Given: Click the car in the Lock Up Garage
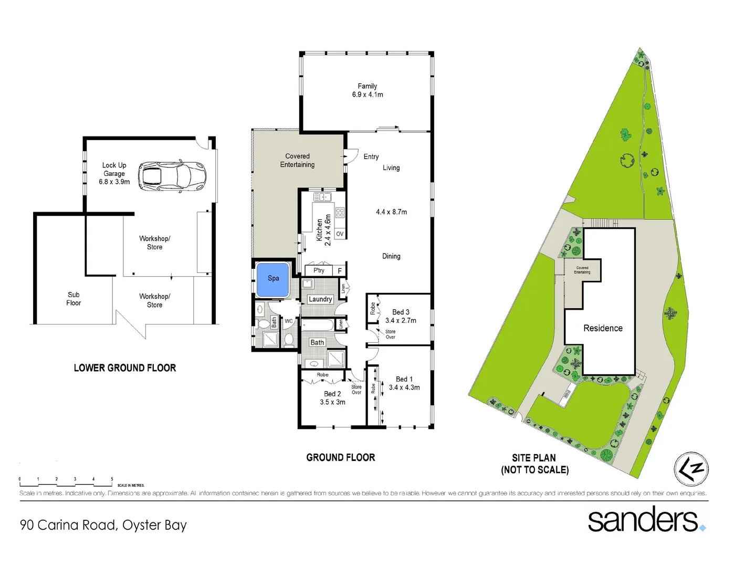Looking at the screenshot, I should point(172,175).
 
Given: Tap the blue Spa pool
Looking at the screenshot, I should point(273,279).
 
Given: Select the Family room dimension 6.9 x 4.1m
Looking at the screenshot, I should point(368,94).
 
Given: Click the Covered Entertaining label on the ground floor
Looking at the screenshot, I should point(297,161).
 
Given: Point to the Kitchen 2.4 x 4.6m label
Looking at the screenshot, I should point(323,230).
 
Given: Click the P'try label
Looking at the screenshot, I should point(319,270).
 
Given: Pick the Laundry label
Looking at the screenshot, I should point(320,299).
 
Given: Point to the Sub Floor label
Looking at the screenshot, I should point(74,299).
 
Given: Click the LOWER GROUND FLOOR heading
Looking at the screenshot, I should point(125,368).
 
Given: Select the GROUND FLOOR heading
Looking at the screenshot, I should point(341,458).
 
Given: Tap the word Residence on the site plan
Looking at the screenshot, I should point(603,328).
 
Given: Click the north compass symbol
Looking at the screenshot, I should point(691,469).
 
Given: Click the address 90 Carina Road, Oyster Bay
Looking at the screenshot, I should point(103,525).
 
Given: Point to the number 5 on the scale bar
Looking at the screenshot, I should point(112,479).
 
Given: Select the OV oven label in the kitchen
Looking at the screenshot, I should point(340,234).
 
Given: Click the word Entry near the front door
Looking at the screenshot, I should point(371,156).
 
